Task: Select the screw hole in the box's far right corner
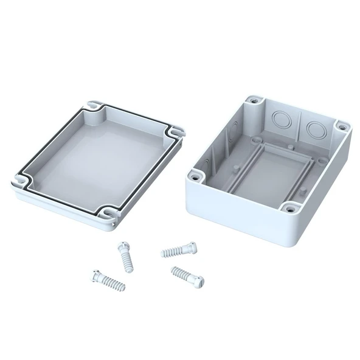point(342,128)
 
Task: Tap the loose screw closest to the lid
point(125,254)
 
